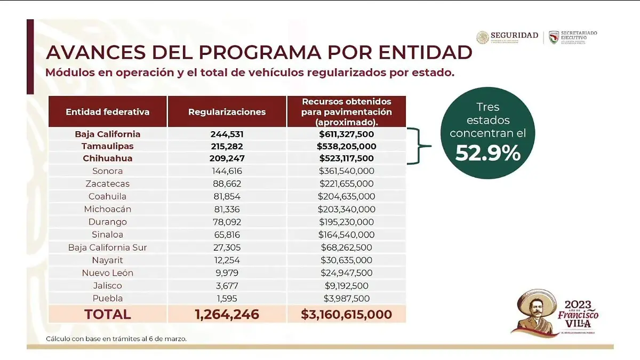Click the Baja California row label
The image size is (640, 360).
(107, 133)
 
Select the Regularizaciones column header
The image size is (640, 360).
(227, 112)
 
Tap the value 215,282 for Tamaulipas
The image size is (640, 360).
(227, 146)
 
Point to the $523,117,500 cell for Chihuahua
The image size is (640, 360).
(346, 158)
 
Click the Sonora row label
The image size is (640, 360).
(107, 171)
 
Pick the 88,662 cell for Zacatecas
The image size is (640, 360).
(227, 184)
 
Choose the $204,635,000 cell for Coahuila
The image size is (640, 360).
(346, 196)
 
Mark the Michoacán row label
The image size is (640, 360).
(107, 209)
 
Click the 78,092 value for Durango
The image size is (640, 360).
(227, 222)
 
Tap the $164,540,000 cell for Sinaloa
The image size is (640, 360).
(346, 235)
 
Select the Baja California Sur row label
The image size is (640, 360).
(107, 247)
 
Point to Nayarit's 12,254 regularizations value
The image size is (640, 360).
(227, 260)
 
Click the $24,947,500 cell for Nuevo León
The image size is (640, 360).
(346, 273)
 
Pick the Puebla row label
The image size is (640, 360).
(107, 299)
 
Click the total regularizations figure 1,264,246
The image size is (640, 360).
(227, 314)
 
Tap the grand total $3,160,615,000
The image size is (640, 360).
(346, 314)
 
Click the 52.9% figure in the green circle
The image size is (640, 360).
(487, 153)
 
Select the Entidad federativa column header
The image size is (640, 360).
(107, 112)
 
